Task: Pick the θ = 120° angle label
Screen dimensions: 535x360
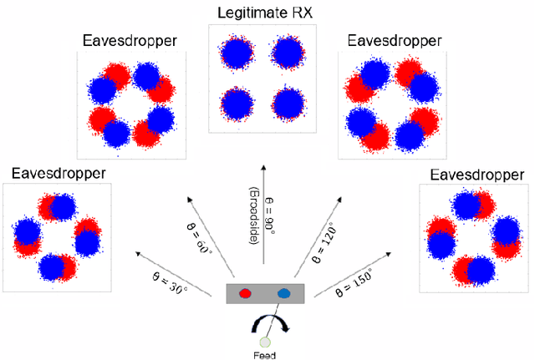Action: coord(325,236)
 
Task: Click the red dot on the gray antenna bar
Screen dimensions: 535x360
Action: coord(246,293)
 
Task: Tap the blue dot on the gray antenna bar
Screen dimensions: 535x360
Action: coord(283,293)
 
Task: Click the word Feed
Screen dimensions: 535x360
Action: coord(266,354)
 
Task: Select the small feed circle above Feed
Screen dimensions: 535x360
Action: coord(266,341)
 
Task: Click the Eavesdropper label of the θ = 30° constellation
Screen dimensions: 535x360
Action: coord(59,173)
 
